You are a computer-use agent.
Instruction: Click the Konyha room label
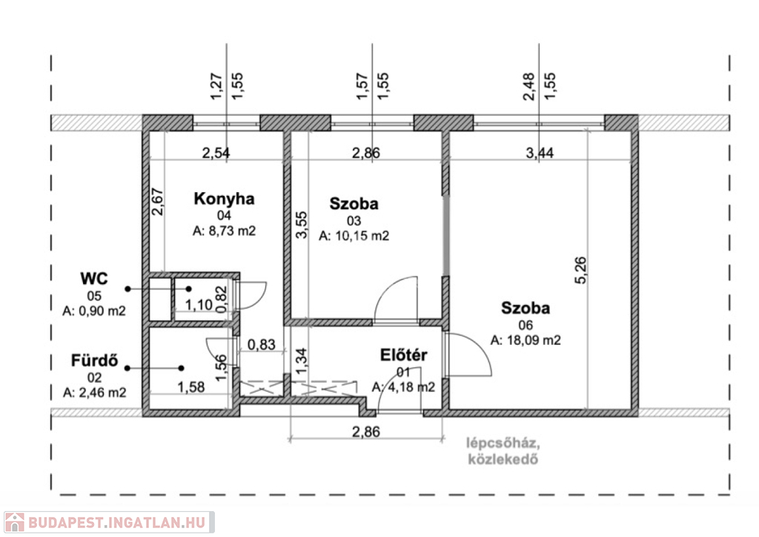pos(224,199)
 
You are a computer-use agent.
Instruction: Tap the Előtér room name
pos(404,355)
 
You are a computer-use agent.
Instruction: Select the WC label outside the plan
pos(94,278)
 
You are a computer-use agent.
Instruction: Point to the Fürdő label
pos(94,360)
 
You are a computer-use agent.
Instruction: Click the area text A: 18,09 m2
pos(526,340)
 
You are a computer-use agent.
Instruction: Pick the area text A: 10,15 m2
pos(354,236)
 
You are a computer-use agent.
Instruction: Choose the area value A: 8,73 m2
pos(224,231)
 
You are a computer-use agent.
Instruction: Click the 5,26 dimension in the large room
pos(580,270)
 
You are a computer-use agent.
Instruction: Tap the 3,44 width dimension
pos(540,153)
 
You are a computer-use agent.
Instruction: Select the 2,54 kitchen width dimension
pos(216,153)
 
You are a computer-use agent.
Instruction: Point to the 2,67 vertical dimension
pos(158,202)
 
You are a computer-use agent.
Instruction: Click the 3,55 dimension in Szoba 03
pos(301,225)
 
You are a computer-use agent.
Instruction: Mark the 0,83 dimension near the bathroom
pos(262,344)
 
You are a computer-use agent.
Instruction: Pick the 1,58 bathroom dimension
pos(190,387)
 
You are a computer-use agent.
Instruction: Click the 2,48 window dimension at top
pos(529,87)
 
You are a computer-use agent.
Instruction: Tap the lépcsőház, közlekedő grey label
pos(503,451)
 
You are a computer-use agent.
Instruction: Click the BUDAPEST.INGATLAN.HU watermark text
pos(116,523)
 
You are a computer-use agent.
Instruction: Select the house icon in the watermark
pos(15,522)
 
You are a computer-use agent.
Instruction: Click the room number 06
pos(526,325)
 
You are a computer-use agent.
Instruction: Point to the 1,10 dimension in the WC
pos(199,305)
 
